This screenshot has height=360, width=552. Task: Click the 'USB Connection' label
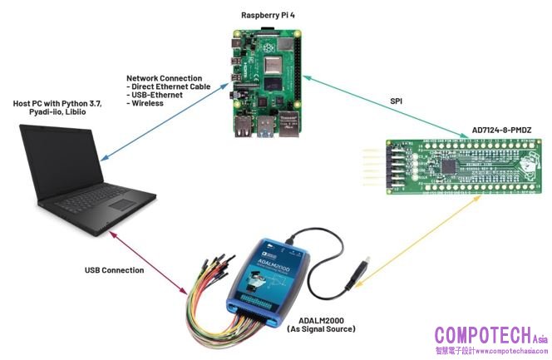click(114, 270)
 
